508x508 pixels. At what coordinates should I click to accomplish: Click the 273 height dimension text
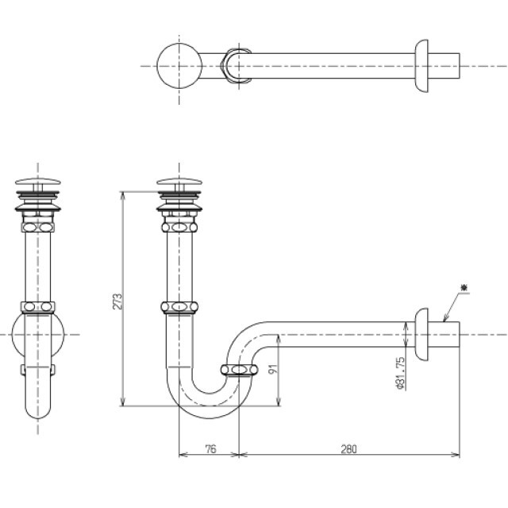point(117,302)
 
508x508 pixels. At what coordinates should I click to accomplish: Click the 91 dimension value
point(274,368)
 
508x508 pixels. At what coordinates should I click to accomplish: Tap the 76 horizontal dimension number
point(210,449)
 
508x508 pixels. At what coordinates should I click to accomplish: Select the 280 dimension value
point(348,449)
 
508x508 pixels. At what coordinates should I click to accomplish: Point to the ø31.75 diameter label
point(400,373)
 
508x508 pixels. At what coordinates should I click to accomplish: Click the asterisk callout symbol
point(464,287)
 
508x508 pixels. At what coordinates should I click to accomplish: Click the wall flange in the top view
point(421,66)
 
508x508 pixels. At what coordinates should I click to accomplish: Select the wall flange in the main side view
point(421,334)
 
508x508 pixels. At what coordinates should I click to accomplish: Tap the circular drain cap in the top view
point(179,66)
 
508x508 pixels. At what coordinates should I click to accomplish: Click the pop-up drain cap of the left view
point(38,182)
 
